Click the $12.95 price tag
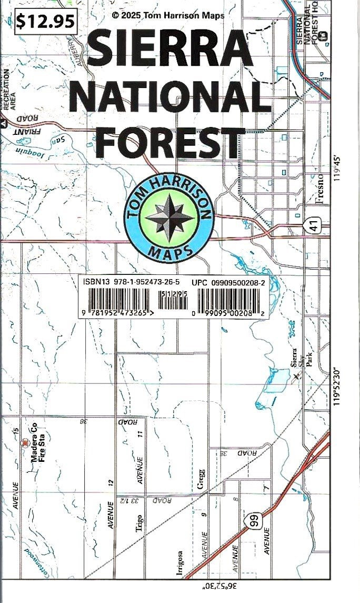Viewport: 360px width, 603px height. (x=45, y=21)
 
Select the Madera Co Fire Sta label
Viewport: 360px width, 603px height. (x=41, y=446)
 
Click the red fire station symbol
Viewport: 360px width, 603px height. (x=24, y=443)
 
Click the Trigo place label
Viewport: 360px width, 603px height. (x=139, y=523)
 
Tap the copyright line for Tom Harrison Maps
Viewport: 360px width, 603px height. (x=168, y=15)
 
